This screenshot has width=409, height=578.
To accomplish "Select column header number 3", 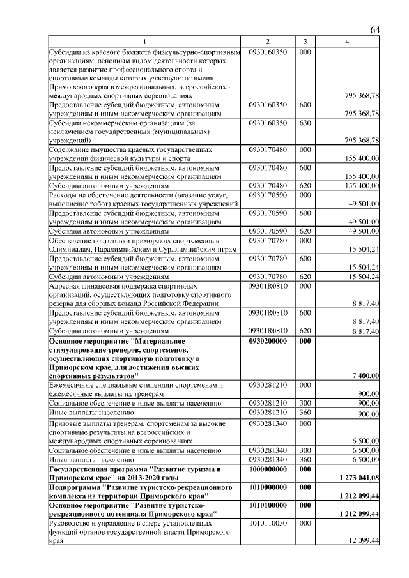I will pos(305,42).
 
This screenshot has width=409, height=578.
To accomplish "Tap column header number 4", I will pos(347,42).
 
